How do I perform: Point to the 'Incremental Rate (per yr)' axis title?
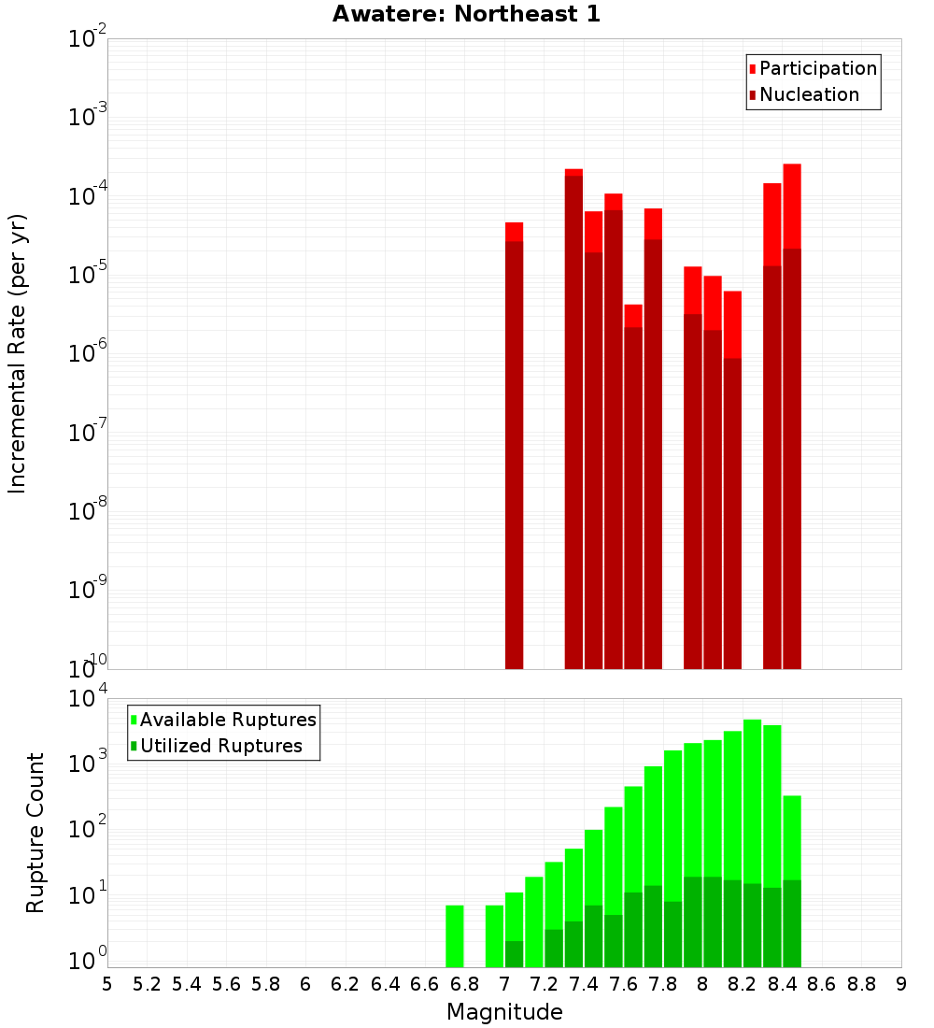(18, 353)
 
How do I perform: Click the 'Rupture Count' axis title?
(35, 833)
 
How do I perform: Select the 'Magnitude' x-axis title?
(504, 1012)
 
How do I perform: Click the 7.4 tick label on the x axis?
(584, 984)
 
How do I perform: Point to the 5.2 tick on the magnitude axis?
(147, 984)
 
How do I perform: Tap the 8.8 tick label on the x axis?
(861, 984)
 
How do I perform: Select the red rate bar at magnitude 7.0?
(514, 449)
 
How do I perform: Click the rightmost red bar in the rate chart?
(792, 421)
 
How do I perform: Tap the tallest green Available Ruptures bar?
(752, 841)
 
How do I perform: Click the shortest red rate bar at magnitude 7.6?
(633, 486)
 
